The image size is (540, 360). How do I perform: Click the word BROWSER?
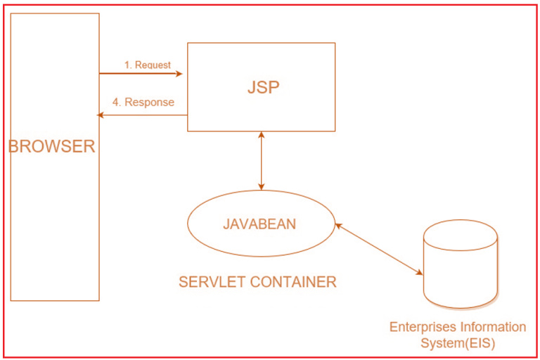51,147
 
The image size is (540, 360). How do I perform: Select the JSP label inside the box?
263,87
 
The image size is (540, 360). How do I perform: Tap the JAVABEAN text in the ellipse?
259,224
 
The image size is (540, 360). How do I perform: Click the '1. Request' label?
148,65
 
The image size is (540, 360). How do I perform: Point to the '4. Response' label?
143,102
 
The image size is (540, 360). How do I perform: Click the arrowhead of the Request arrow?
179,73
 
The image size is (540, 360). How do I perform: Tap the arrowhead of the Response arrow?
101,115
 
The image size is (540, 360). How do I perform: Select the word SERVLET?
210,282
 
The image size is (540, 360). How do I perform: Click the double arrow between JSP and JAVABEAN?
262,161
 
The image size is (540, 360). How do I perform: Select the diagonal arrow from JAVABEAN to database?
378,248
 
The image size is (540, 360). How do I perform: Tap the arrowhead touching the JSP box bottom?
262,135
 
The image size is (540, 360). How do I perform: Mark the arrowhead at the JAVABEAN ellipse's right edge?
337,225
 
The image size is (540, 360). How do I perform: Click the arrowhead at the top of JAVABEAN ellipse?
262,186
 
